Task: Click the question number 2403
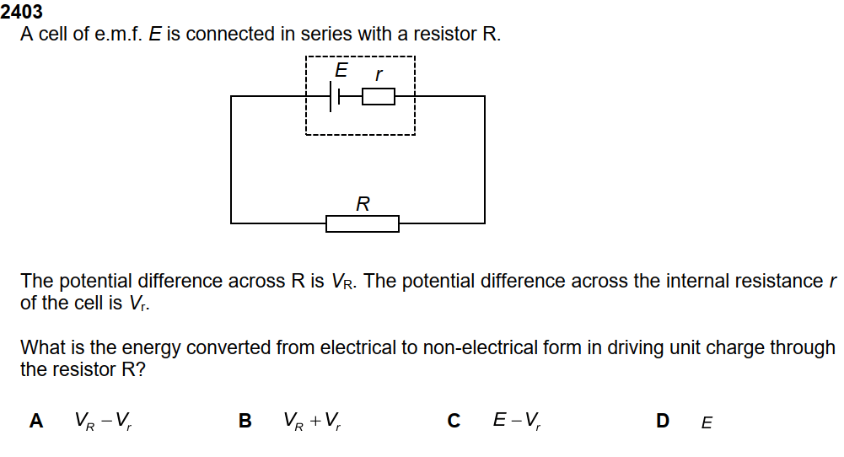22,12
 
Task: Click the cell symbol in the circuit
335,97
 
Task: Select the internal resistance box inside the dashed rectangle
379,97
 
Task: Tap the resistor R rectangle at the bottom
363,223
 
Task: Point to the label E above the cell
341,71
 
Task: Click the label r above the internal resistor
379,75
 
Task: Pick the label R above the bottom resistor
363,203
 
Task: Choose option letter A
36,421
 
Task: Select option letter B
245,421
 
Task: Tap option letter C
454,421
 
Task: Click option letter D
663,421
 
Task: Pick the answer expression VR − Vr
102,421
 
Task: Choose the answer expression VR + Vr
312,421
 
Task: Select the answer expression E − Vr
517,421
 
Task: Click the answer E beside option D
707,422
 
